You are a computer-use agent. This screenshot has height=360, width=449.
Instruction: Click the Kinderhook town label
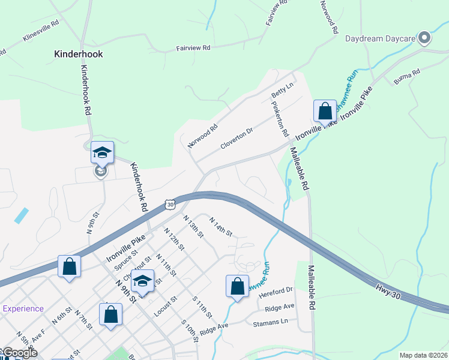(79, 54)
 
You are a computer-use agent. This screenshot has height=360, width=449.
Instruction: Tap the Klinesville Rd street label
(40, 31)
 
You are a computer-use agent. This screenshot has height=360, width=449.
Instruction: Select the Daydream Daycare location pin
(425, 38)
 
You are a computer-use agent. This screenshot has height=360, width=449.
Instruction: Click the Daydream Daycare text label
(381, 39)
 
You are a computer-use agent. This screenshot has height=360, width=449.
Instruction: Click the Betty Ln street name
(282, 91)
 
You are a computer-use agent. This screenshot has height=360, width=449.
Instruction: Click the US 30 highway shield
(170, 205)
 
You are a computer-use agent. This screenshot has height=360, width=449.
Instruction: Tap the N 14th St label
(220, 227)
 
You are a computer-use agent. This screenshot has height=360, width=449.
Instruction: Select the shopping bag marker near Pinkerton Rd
(325, 111)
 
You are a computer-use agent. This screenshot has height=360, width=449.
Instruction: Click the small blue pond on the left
(21, 215)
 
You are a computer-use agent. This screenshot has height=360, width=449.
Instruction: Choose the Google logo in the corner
(19, 353)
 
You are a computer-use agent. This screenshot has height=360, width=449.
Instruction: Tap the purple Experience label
(23, 309)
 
